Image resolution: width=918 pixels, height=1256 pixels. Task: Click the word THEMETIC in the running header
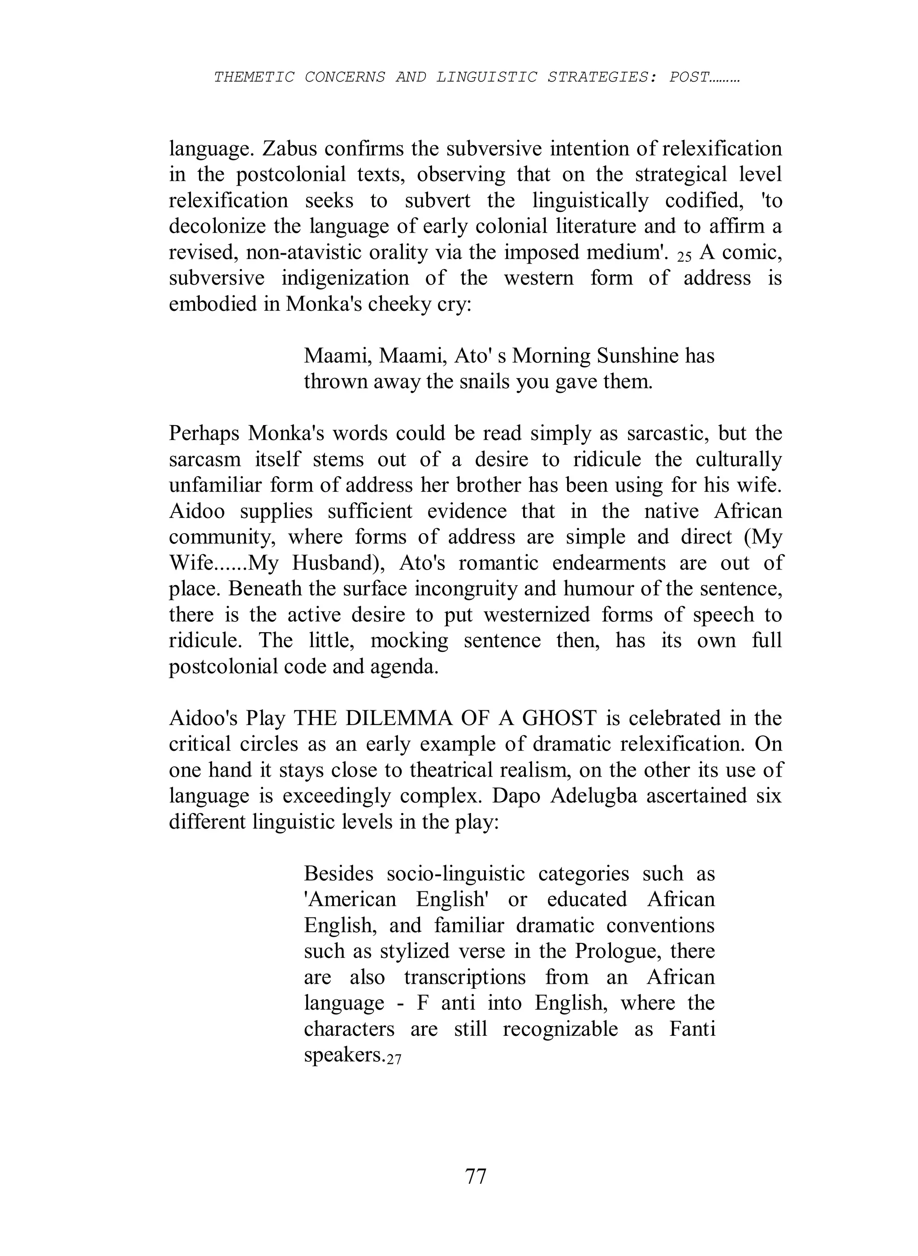pyautogui.click(x=254, y=77)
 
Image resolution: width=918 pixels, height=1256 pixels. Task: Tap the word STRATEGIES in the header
pyautogui.click(x=598, y=77)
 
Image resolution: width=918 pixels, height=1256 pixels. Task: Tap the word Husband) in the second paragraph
pyautogui.click(x=339, y=563)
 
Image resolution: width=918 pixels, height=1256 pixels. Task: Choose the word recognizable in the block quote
pyautogui.click(x=560, y=1029)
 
